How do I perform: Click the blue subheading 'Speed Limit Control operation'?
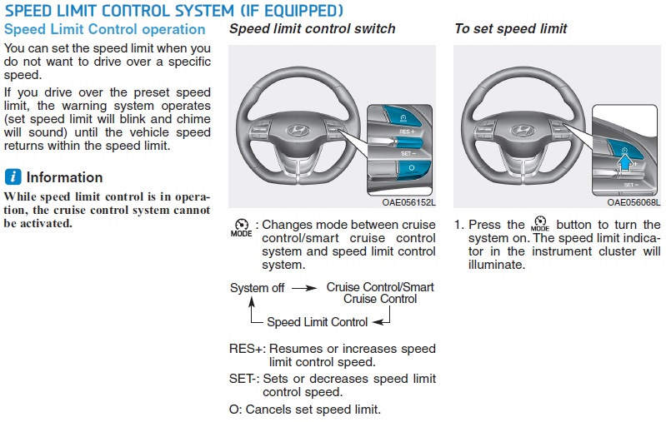pos(104,29)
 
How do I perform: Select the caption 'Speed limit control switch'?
pos(312,29)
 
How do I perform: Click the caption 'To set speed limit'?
pos(510,29)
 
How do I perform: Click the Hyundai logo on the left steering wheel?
pos(296,131)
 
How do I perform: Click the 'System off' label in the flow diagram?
pos(257,288)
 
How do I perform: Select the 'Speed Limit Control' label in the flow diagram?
pos(317,321)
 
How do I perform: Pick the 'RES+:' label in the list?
pos(247,349)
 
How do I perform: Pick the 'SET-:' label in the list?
pos(245,379)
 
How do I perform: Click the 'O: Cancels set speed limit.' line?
pos(304,409)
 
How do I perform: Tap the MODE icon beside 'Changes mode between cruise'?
pos(240,228)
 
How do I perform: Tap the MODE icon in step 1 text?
pos(540,226)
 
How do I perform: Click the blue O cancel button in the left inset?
pos(411,167)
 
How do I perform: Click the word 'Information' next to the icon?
pos(65,177)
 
